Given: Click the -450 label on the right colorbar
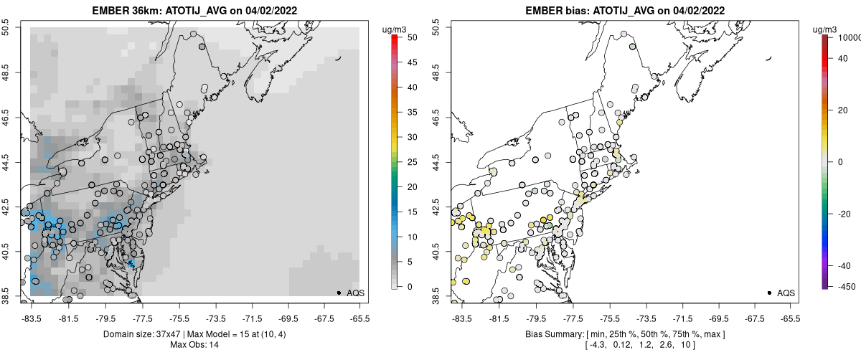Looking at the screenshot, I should point(845,286).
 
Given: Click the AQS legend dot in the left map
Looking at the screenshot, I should point(339,293).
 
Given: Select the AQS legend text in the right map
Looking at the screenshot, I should point(786,293).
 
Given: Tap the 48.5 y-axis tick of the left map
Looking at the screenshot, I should point(8,72).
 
